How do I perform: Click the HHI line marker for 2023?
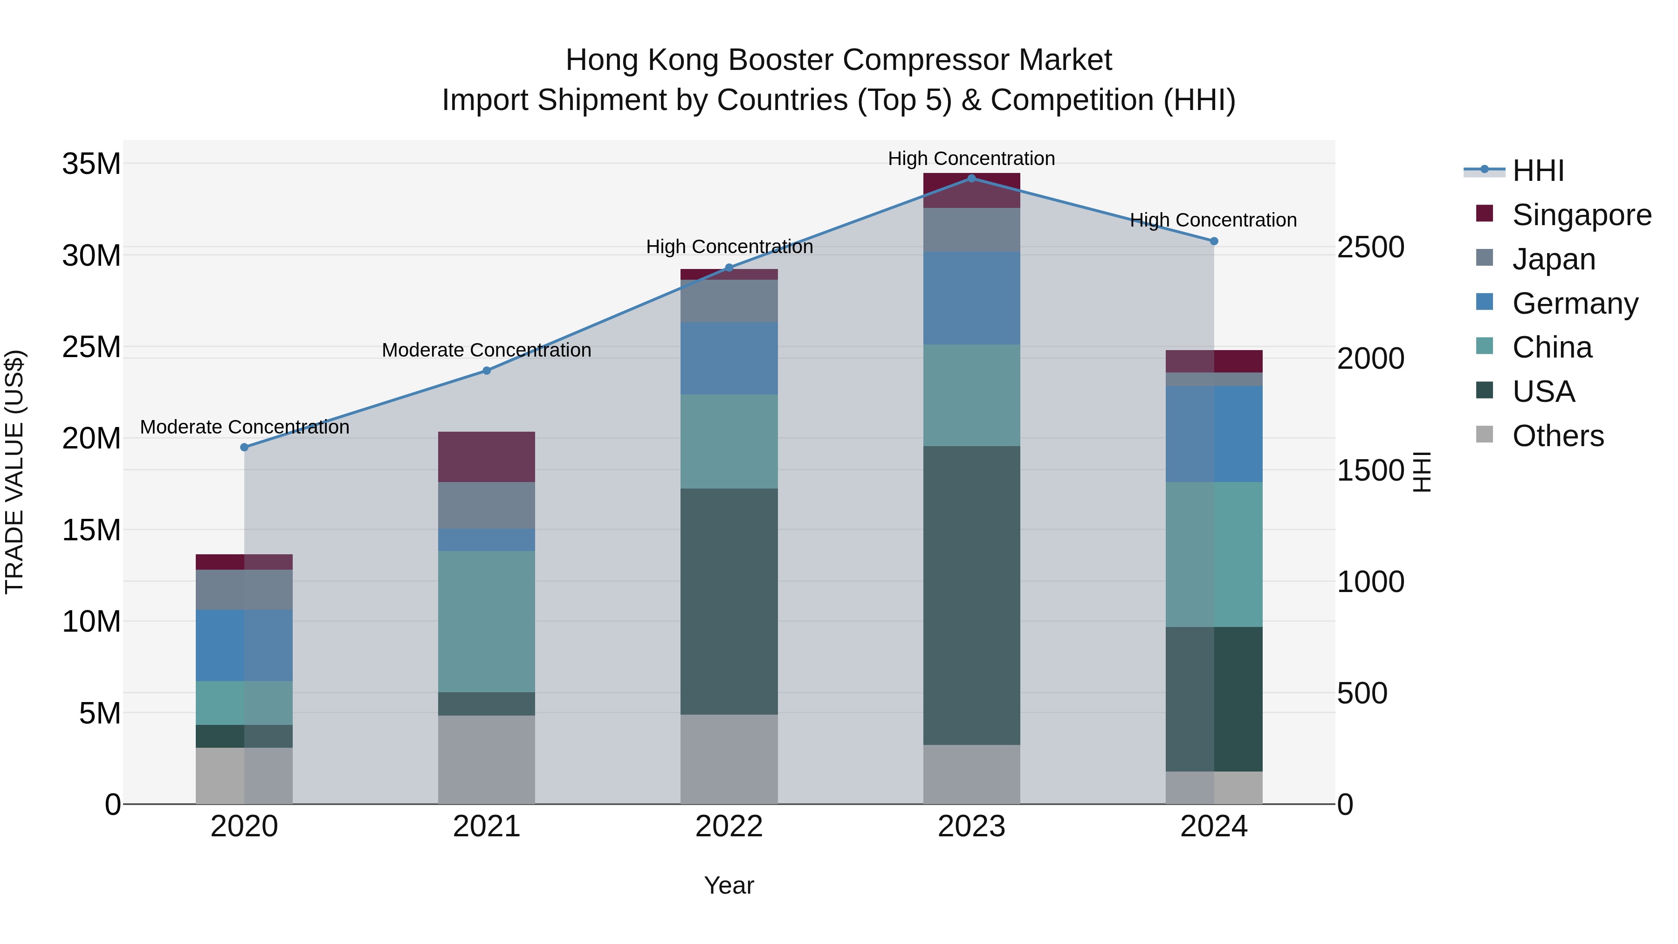971,178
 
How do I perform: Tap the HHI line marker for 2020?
244,447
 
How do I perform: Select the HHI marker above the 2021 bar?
487,371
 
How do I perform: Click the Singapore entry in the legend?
1581,215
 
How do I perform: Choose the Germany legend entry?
1575,303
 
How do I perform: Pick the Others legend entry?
1557,436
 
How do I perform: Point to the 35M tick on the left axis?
91,164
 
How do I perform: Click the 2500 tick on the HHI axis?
1370,248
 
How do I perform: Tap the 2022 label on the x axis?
729,827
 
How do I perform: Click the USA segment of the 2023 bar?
971,595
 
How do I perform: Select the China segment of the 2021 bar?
487,621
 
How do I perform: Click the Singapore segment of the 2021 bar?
487,457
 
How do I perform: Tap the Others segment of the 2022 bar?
729,759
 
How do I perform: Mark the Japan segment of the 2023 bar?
971,230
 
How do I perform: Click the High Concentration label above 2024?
1213,220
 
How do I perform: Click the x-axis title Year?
729,885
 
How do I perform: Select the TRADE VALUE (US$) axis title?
14,472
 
